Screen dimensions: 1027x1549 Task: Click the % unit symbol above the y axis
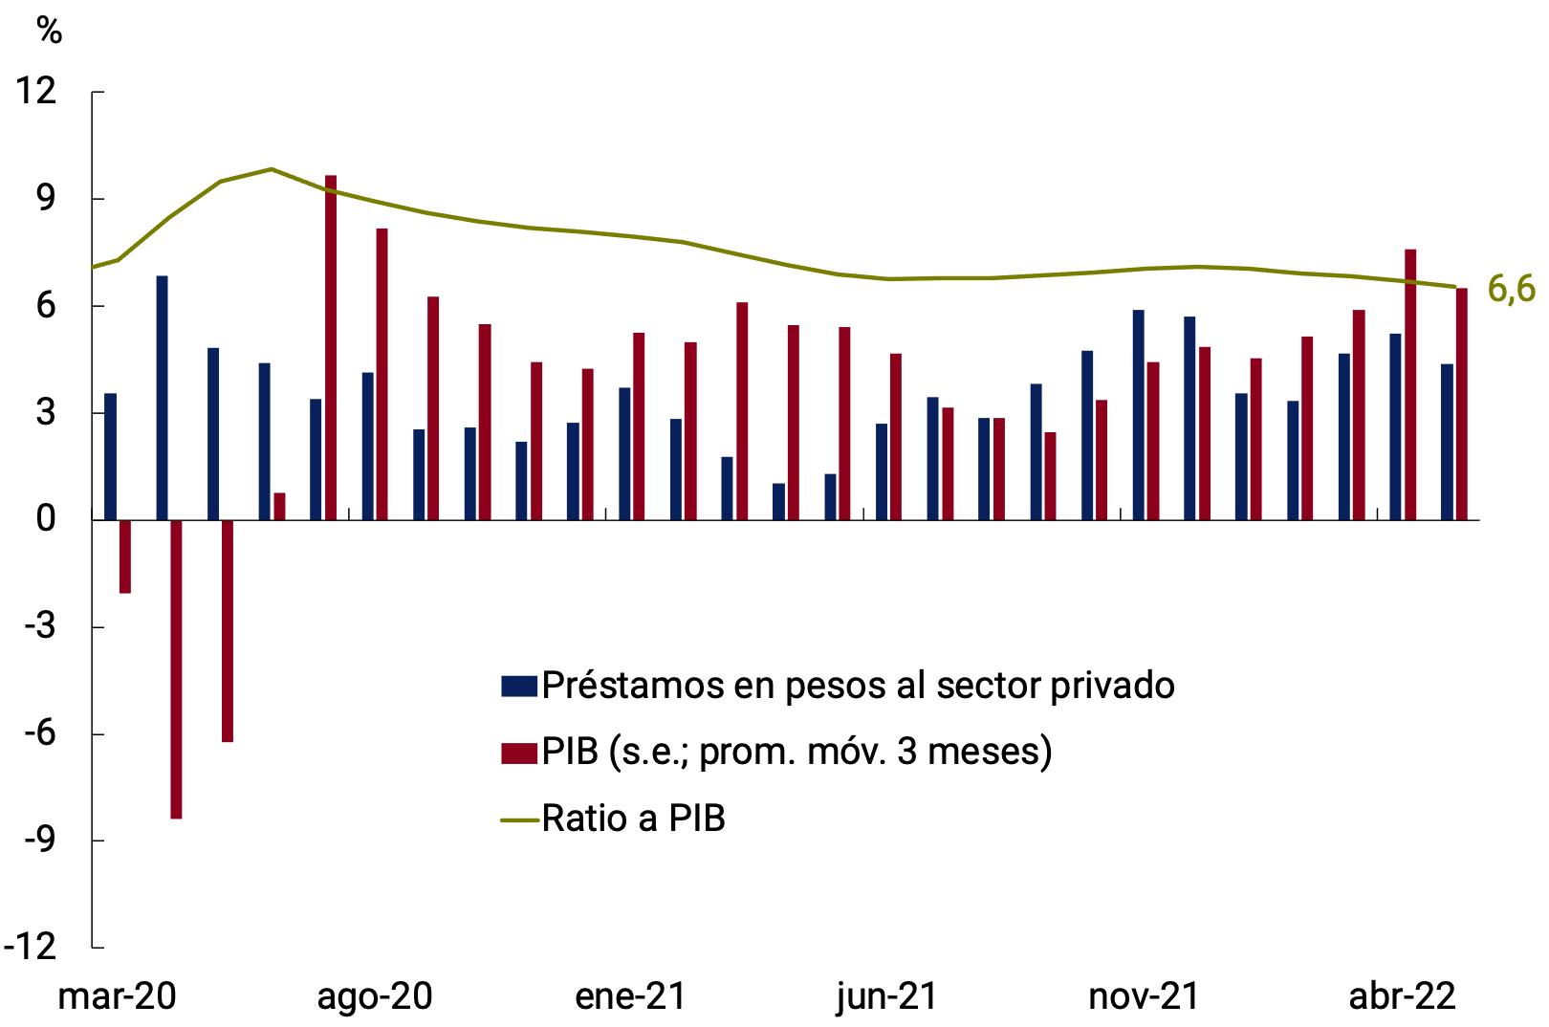tap(49, 32)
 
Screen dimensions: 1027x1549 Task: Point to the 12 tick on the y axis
tap(36, 92)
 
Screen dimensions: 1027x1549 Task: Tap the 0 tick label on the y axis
tap(46, 519)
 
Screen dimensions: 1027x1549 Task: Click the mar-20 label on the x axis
tap(117, 996)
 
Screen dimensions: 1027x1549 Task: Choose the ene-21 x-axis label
tap(631, 996)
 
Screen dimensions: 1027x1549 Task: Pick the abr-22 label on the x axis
tap(1402, 996)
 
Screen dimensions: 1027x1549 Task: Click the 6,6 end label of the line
tap(1511, 288)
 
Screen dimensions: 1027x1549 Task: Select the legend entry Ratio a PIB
tap(633, 819)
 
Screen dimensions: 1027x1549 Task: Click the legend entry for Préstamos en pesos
tap(857, 686)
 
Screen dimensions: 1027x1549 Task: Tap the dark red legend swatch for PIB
tap(518, 753)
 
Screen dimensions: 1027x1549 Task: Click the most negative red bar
tap(176, 668)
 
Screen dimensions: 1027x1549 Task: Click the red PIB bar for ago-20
tap(382, 374)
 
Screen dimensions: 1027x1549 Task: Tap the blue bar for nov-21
tap(1138, 415)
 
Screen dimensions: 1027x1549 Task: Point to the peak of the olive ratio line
tap(272, 169)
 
